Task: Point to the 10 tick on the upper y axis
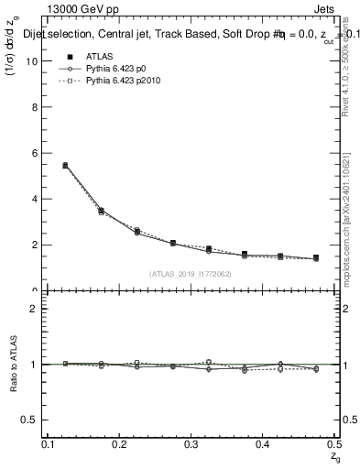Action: [x=35, y=60]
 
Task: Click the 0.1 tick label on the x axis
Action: [x=49, y=443]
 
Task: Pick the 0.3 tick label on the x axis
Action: [x=192, y=443]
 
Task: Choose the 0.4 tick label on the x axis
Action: [x=264, y=443]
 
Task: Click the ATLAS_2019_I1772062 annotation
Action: [x=191, y=274]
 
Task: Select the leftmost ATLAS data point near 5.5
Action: [x=65, y=166]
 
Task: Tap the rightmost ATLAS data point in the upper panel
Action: [x=316, y=258]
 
